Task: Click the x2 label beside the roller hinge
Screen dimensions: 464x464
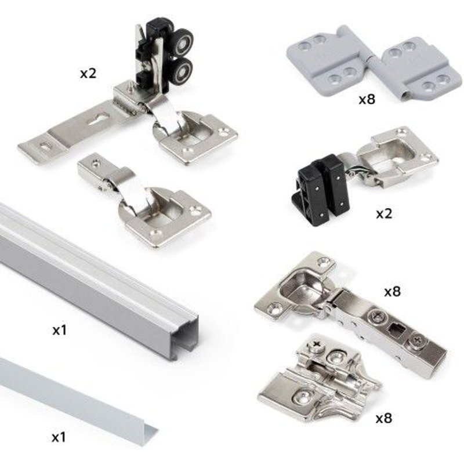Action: pyautogui.click(x=88, y=73)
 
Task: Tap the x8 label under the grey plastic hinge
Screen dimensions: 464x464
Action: pyautogui.click(x=367, y=99)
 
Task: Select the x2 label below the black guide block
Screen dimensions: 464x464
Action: pyautogui.click(x=384, y=213)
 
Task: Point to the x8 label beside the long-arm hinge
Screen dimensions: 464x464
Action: pyautogui.click(x=393, y=292)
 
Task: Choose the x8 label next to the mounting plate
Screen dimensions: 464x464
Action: pyautogui.click(x=384, y=418)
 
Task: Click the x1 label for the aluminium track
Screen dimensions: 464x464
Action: pyautogui.click(x=60, y=330)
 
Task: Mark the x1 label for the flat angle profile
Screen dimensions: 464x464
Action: pyautogui.click(x=59, y=438)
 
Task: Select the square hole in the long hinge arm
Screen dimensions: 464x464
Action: pyautogui.click(x=394, y=329)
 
